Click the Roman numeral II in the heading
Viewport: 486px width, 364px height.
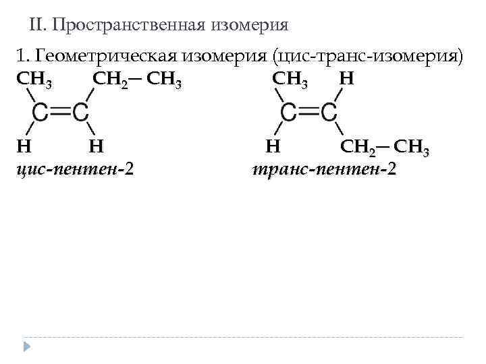(x=37, y=26)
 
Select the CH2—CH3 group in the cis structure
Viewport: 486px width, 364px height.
(x=137, y=79)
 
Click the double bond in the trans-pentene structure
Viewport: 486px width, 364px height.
(x=308, y=112)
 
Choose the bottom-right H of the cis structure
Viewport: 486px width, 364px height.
(x=95, y=144)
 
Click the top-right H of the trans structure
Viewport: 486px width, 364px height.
(x=346, y=79)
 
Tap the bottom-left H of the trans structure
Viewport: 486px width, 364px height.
(x=272, y=144)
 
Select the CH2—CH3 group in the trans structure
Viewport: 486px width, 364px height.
(x=385, y=146)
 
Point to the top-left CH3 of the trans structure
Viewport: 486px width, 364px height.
(x=290, y=79)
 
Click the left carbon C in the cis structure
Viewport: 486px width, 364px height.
(x=40, y=112)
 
